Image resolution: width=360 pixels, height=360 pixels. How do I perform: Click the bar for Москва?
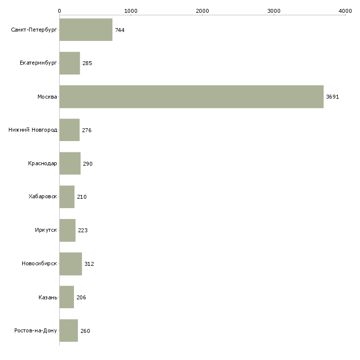click(x=191, y=97)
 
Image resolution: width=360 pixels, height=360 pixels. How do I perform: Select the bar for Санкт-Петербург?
click(x=86, y=30)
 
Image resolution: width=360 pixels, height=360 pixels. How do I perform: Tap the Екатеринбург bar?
click(x=70, y=63)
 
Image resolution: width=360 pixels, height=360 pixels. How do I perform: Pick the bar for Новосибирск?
click(x=71, y=264)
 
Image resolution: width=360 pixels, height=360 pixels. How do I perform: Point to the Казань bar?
click(x=67, y=297)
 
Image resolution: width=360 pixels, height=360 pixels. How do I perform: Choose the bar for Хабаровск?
click(x=67, y=197)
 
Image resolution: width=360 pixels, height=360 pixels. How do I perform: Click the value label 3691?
click(x=332, y=97)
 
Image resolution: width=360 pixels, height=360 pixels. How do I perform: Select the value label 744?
click(x=120, y=30)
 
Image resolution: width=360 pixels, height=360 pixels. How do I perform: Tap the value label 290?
click(x=88, y=164)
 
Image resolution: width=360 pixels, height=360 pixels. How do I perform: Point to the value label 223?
click(x=83, y=230)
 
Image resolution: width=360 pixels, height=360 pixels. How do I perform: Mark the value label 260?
click(x=85, y=331)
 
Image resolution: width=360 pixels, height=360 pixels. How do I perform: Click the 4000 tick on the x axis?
click(x=345, y=10)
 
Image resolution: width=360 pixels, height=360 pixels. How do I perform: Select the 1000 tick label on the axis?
click(x=131, y=10)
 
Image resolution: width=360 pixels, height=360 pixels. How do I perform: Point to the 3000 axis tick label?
click(x=274, y=10)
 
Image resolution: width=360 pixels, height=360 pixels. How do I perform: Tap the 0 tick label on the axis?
click(x=60, y=10)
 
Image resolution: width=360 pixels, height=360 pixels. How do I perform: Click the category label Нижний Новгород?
click(x=33, y=130)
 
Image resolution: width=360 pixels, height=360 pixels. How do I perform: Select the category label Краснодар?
click(x=43, y=164)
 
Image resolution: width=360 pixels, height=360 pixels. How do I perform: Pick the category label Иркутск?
click(x=46, y=230)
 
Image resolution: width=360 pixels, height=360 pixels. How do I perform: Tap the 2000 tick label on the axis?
click(x=202, y=10)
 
